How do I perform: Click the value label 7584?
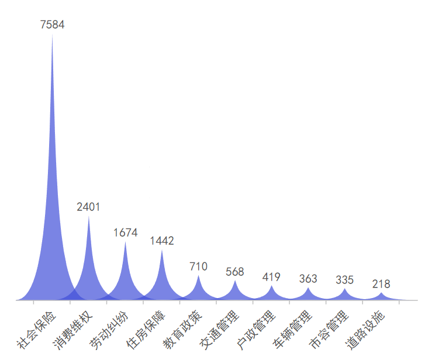(x=53, y=25)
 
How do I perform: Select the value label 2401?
(x=89, y=207)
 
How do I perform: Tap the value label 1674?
(x=125, y=233)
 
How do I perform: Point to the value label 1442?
(x=162, y=241)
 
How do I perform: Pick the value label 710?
(x=198, y=266)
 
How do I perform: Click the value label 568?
(x=235, y=272)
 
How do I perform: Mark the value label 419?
(x=271, y=277)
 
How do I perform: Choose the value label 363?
(x=308, y=279)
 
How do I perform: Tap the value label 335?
(x=344, y=280)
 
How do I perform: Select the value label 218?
(x=381, y=285)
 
